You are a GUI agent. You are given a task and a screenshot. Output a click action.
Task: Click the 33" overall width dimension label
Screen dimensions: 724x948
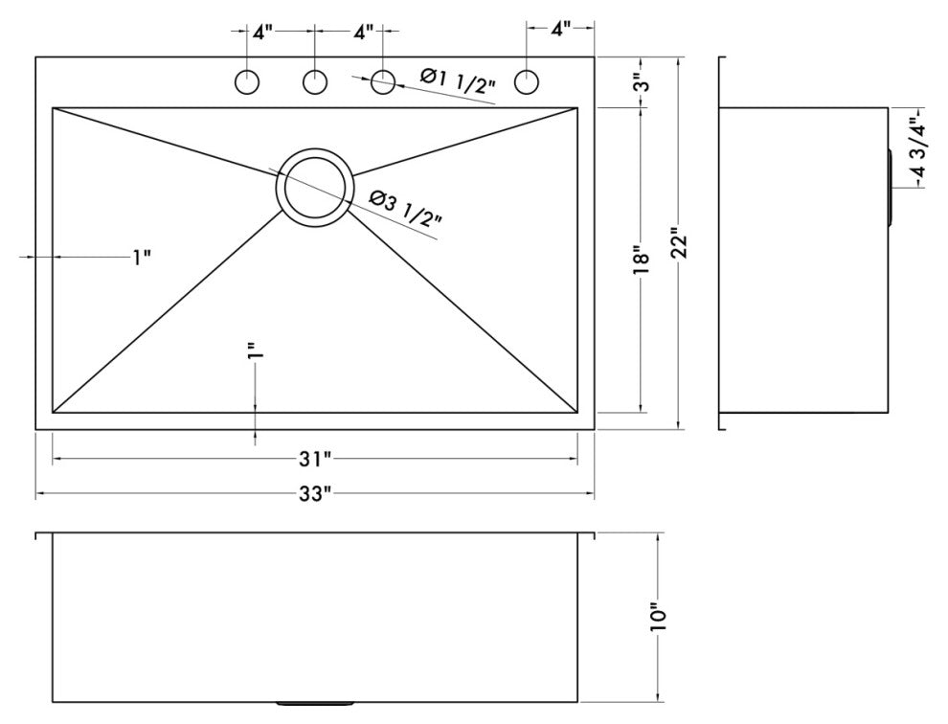click(x=313, y=493)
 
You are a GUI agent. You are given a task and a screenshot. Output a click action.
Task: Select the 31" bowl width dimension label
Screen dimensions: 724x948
click(x=313, y=460)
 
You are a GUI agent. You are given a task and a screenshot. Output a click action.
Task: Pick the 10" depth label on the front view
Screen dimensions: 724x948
click(x=658, y=617)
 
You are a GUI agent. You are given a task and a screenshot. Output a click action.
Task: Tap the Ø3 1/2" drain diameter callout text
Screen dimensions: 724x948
click(x=405, y=208)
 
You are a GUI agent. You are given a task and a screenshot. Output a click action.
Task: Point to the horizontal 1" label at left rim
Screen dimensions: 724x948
click(x=142, y=257)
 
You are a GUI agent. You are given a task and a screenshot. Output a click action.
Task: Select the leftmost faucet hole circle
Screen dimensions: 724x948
click(x=247, y=82)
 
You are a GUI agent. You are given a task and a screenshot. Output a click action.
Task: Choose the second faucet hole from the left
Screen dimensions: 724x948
click(x=315, y=82)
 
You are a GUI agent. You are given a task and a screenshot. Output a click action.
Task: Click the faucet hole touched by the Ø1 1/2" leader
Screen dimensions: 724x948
click(x=383, y=82)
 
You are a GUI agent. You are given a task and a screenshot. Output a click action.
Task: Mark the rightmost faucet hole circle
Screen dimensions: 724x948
click(x=526, y=82)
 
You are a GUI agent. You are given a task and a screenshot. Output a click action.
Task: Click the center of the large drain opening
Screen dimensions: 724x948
click(x=314, y=187)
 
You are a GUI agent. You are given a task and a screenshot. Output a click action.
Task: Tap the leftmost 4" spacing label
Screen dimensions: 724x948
click(x=262, y=32)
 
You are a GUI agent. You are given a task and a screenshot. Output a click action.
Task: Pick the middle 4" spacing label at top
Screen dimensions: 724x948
click(x=363, y=32)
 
